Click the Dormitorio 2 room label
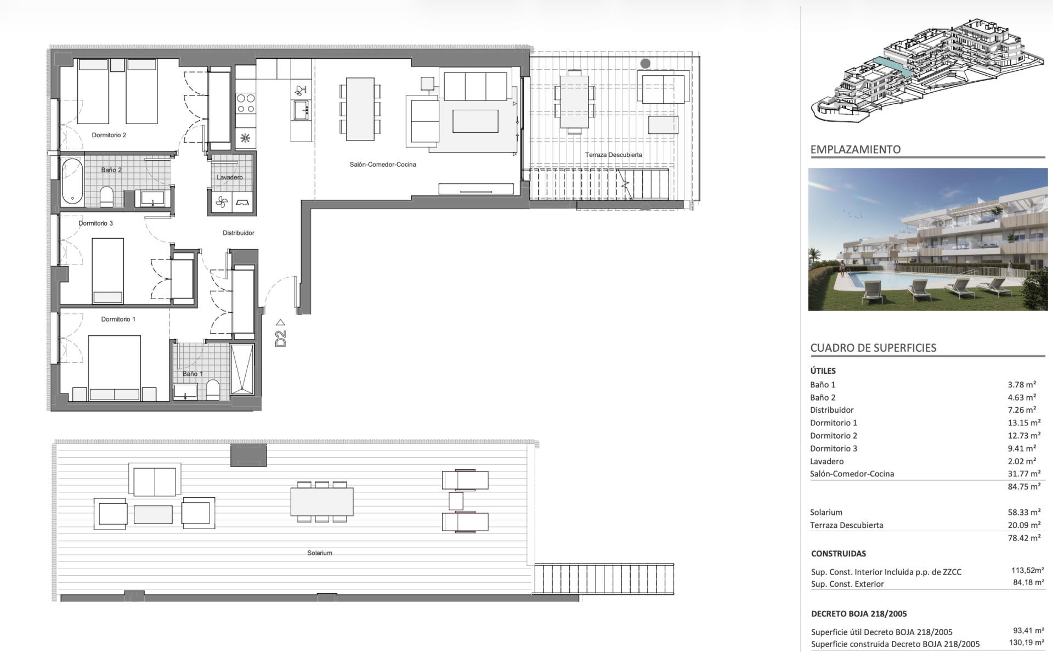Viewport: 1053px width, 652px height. pyautogui.click(x=109, y=135)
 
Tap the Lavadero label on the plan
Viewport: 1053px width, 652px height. pyautogui.click(x=229, y=177)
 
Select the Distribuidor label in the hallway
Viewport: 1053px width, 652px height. pyautogui.click(x=238, y=233)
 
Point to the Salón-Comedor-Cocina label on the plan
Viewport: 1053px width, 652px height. pyautogui.click(x=383, y=164)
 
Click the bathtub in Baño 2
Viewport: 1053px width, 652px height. pyautogui.click(x=72, y=181)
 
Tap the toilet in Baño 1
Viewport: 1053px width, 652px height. pyautogui.click(x=213, y=390)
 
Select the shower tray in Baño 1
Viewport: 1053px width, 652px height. pyautogui.click(x=242, y=369)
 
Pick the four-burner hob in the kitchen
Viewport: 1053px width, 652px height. pyautogui.click(x=245, y=103)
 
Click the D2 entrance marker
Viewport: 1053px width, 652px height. pyautogui.click(x=280, y=333)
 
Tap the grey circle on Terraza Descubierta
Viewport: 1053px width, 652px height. pyautogui.click(x=646, y=64)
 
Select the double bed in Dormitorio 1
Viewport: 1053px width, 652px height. pyautogui.click(x=114, y=368)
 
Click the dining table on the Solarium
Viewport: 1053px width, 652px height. pyautogui.click(x=322, y=502)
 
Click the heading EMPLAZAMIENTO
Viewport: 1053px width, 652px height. pyautogui.click(x=856, y=149)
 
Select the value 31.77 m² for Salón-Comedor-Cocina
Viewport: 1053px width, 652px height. pyautogui.click(x=1024, y=474)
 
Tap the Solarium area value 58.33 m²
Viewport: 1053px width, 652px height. pyautogui.click(x=1024, y=512)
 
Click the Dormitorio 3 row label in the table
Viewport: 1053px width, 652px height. pyautogui.click(x=834, y=448)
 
